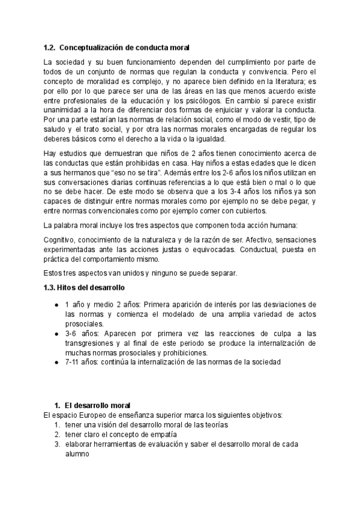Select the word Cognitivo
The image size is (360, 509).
point(61,239)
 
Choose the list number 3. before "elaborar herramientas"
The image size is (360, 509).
point(57,444)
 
